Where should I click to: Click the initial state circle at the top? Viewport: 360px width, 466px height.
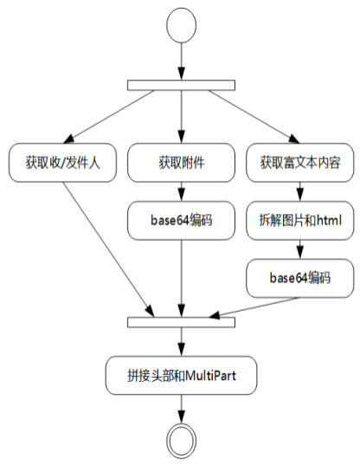coord(180,25)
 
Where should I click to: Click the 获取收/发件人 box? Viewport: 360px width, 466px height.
coord(61,162)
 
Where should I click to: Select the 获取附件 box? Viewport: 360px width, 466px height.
coord(180,162)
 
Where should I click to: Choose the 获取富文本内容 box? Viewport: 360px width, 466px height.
coord(299,162)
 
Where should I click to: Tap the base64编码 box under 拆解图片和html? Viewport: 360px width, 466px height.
coord(299,278)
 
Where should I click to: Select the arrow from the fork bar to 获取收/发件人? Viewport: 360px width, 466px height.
coord(112,117)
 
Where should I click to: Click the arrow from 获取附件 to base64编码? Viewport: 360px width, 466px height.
coord(180,191)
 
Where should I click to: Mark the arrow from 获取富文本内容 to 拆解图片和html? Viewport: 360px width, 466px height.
coord(299,191)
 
